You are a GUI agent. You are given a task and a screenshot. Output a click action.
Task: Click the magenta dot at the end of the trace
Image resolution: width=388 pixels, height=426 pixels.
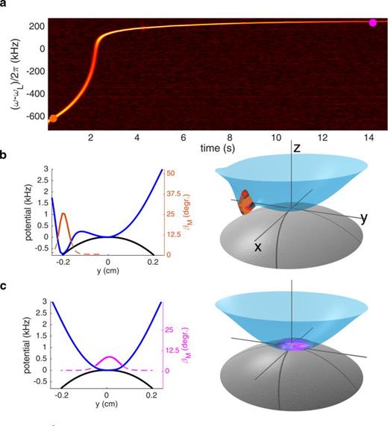coord(373,22)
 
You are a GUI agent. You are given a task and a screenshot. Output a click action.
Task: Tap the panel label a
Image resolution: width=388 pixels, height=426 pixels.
coord(5,6)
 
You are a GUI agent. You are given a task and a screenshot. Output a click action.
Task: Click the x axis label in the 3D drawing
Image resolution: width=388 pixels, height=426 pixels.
coord(257,247)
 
